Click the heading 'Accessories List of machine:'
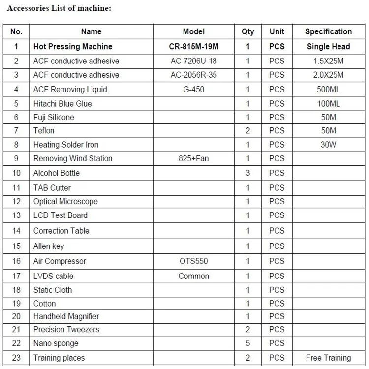point(59,8)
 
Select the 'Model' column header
point(193,31)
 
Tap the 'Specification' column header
point(328,31)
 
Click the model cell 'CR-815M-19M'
point(193,47)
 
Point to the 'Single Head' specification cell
point(328,47)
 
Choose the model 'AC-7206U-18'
point(193,61)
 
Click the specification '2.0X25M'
point(328,75)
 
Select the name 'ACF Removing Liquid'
point(70,89)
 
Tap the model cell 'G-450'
point(193,89)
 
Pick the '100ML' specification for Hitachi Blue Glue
point(328,104)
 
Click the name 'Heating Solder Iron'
point(66,145)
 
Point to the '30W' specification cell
point(328,145)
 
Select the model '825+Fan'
point(193,158)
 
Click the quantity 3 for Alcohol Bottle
point(248,173)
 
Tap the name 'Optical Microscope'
point(65,201)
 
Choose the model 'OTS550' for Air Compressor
point(193,261)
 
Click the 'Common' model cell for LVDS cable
point(193,276)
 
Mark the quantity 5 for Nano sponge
point(248,343)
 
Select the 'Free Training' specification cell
point(328,358)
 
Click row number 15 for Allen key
point(16,246)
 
